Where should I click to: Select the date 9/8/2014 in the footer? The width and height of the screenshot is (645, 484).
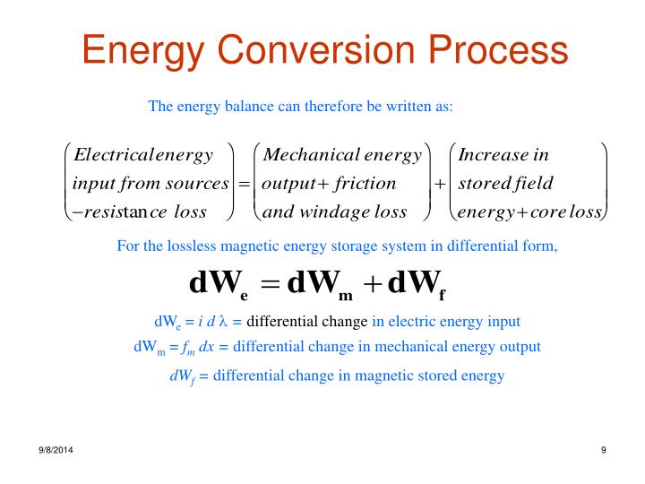click(x=56, y=450)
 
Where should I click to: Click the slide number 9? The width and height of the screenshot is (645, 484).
click(x=604, y=450)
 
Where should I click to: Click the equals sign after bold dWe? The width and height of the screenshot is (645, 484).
click(x=267, y=284)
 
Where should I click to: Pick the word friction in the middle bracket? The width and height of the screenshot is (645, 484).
click(x=365, y=184)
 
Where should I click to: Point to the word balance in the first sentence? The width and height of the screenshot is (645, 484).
click(x=239, y=107)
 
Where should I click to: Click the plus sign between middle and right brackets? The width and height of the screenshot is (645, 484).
click(x=440, y=185)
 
